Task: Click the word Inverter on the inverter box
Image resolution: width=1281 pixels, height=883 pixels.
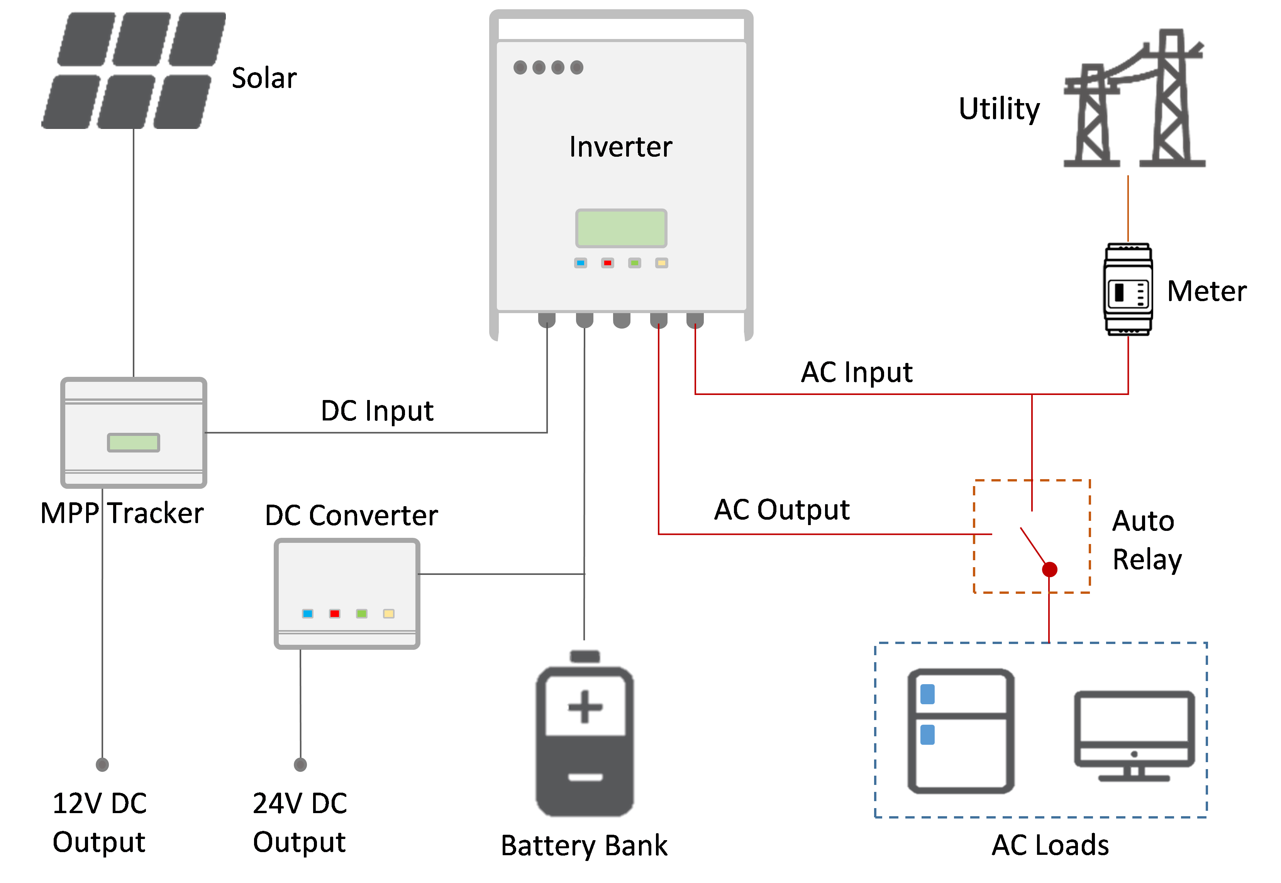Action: [x=620, y=147]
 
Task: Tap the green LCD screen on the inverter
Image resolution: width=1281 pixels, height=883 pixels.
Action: [x=621, y=228]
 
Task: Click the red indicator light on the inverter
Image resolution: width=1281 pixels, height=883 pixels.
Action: [x=607, y=263]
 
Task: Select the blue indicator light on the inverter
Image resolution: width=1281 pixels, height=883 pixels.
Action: [x=580, y=263]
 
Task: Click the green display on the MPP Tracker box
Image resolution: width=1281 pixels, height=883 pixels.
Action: [x=133, y=442]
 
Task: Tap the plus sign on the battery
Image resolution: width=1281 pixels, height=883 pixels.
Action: [x=585, y=707]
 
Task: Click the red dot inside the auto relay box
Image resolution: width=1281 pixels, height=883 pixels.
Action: [x=1049, y=569]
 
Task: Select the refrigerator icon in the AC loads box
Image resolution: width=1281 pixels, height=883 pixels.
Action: [x=961, y=730]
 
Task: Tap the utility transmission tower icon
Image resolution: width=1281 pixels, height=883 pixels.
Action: [x=1134, y=100]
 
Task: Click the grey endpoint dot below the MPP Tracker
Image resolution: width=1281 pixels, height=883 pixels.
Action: [x=102, y=764]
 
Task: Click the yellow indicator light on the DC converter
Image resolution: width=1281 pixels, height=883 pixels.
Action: [x=389, y=614]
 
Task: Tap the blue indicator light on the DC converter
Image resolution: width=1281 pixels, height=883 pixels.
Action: [x=308, y=614]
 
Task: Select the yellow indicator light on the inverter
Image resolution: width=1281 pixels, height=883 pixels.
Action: [x=661, y=263]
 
